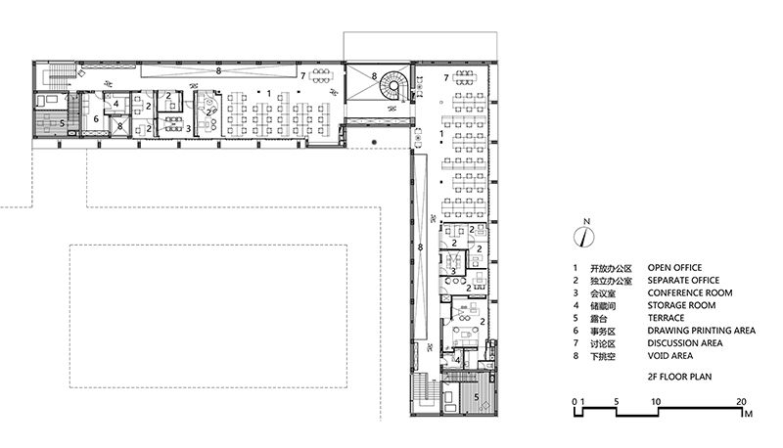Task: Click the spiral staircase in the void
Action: click(x=394, y=86)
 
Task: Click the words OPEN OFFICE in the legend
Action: click(x=674, y=268)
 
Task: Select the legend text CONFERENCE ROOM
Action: click(x=690, y=292)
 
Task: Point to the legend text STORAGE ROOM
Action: click(x=681, y=305)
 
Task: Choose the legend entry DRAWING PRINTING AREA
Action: click(x=701, y=331)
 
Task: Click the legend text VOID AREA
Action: click(x=669, y=356)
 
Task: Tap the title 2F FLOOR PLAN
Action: click(x=679, y=377)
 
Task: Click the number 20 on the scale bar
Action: click(x=741, y=402)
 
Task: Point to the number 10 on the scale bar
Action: click(x=655, y=402)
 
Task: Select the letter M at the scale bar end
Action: click(x=748, y=414)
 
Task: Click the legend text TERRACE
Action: click(x=666, y=318)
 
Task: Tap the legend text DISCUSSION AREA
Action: click(x=684, y=343)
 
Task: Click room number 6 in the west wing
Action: click(x=96, y=119)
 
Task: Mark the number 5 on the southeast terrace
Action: click(x=477, y=397)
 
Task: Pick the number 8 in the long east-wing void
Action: click(x=421, y=246)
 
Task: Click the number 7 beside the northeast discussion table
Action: click(x=446, y=77)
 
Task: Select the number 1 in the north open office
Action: click(x=269, y=93)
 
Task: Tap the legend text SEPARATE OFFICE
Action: click(x=683, y=281)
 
